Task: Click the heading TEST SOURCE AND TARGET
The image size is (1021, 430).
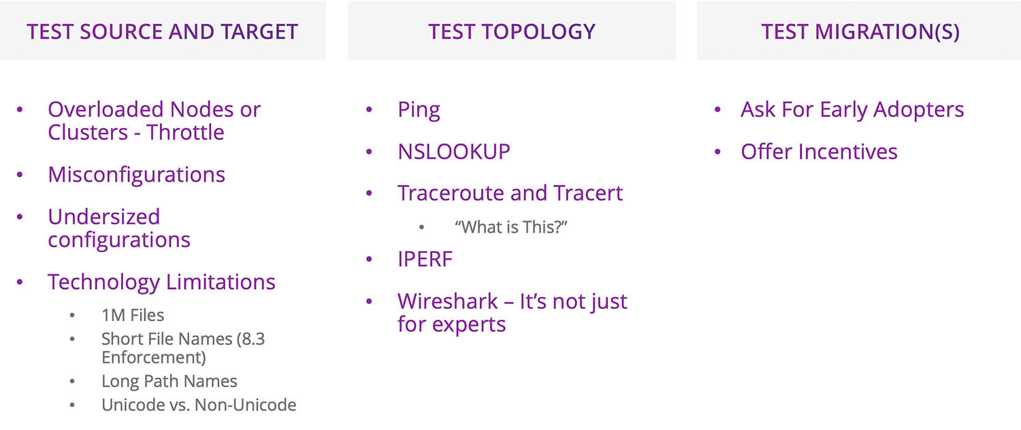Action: point(162,31)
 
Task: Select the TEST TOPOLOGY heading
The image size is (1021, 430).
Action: point(511,31)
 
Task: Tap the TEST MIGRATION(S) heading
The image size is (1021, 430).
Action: point(860,31)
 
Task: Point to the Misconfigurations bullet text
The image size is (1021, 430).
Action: point(136,175)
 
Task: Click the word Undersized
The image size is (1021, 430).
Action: point(103,217)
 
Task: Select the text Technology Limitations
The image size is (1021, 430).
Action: point(161,282)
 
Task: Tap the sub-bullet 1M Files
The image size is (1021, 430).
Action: point(133,316)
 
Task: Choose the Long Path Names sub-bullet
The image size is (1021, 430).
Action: point(169,382)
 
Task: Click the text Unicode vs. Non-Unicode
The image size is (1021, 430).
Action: point(199,405)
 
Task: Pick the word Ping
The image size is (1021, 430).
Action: point(419,110)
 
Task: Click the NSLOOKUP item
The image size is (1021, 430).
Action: point(453,152)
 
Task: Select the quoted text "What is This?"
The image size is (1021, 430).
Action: point(510,227)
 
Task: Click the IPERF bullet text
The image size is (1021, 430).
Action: point(425,259)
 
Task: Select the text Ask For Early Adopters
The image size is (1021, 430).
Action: point(852,110)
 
